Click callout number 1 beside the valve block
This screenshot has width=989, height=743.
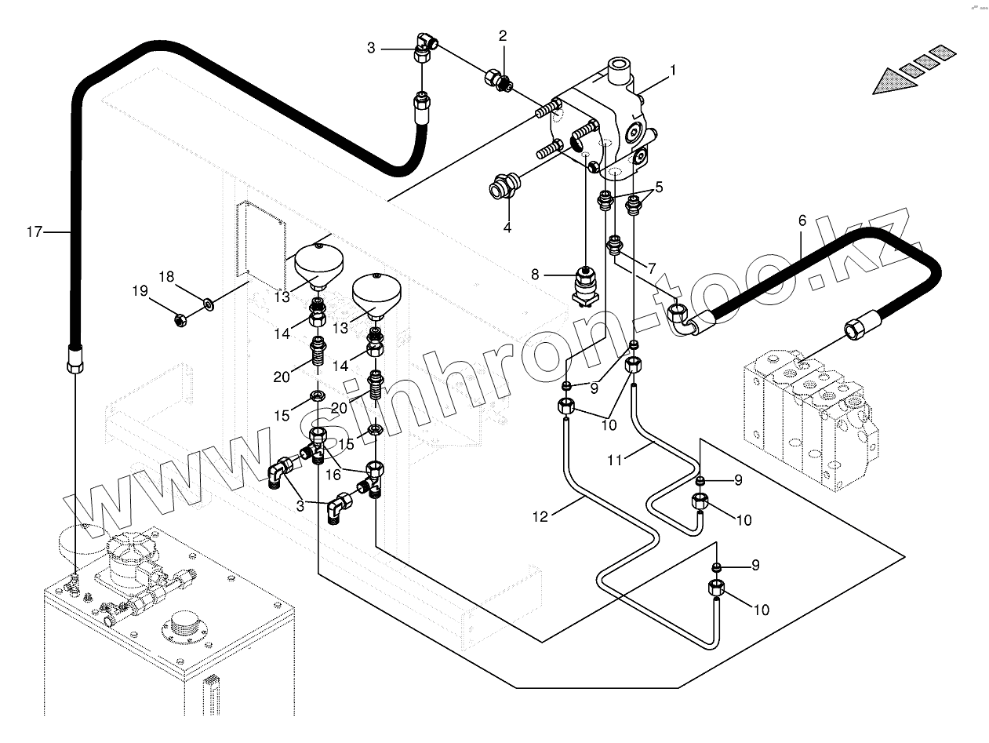tap(672, 70)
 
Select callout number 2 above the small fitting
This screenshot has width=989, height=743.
tap(503, 35)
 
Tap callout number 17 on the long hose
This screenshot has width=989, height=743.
tap(33, 231)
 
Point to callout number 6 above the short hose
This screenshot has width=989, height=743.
tap(802, 220)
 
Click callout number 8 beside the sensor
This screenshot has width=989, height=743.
tap(536, 275)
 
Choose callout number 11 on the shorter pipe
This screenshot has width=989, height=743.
tap(616, 461)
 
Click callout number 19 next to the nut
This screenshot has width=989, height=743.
tap(140, 291)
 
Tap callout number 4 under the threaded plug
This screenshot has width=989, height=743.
tap(507, 228)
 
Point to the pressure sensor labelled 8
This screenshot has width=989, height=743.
tap(584, 283)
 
